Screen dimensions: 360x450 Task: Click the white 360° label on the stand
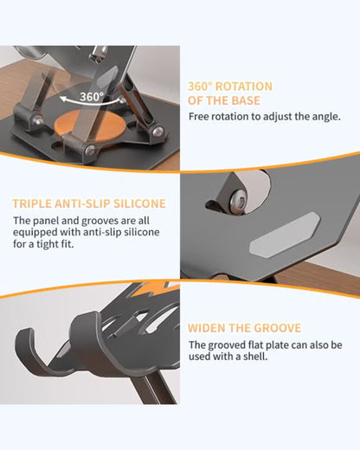click(92, 97)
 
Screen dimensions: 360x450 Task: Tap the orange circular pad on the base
click(90, 126)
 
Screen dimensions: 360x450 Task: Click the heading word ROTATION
click(244, 87)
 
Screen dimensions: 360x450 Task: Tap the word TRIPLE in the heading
click(32, 203)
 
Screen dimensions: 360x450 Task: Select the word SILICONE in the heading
click(139, 203)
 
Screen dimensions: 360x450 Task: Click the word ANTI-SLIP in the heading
click(82, 203)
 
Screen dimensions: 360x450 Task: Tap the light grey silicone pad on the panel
click(285, 234)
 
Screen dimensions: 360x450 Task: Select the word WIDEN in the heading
click(206, 328)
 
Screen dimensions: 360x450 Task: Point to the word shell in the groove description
click(255, 357)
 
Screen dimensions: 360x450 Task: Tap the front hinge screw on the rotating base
click(90, 150)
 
